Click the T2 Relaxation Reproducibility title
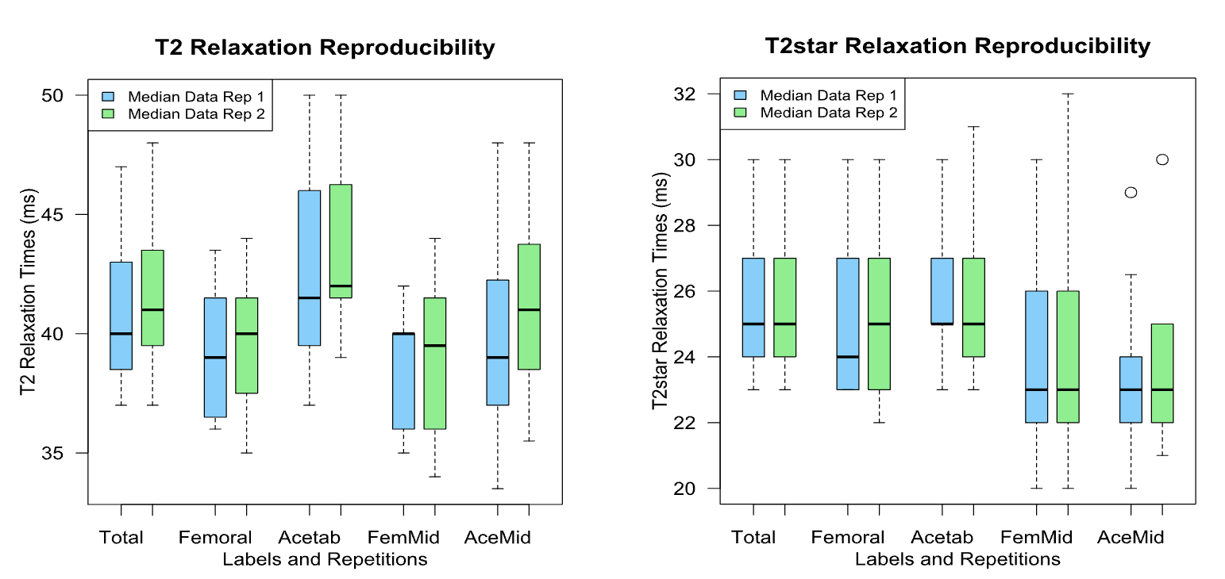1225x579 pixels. tap(325, 48)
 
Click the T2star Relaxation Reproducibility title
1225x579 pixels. tap(957, 46)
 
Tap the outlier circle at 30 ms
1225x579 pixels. tap(1162, 159)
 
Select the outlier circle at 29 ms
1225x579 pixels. tap(1131, 192)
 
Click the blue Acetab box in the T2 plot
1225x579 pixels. tap(309, 268)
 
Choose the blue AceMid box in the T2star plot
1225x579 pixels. tap(1131, 389)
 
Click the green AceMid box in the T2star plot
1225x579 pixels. tap(1162, 373)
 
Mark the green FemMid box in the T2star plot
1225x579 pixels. tap(1068, 357)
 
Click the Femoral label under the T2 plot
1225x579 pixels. tap(215, 538)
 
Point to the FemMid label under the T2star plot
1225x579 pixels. tap(1036, 538)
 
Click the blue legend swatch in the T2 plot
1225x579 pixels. tap(109, 96)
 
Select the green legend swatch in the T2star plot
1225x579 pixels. tap(741, 113)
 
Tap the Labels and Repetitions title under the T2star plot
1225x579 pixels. tap(957, 559)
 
